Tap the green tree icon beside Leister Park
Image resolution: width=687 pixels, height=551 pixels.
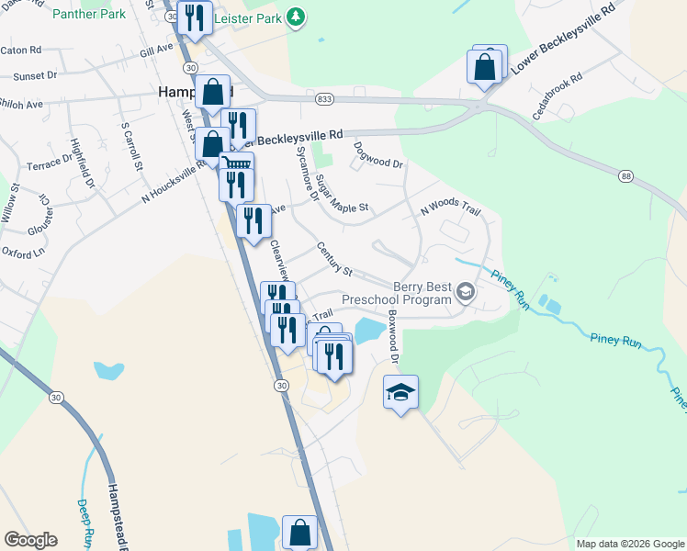point(296,17)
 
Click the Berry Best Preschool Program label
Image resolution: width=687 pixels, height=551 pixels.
point(397,293)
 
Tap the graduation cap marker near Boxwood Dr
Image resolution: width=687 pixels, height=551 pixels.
point(400,392)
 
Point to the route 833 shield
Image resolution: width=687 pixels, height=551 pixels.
point(324,97)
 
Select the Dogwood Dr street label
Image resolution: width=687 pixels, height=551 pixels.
point(378,154)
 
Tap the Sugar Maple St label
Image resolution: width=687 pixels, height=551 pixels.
point(341,195)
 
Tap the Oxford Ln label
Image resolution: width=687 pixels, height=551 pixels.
point(23,252)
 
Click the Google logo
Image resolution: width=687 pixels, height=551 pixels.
point(30,540)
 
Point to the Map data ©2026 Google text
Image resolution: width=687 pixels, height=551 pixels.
point(630,544)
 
